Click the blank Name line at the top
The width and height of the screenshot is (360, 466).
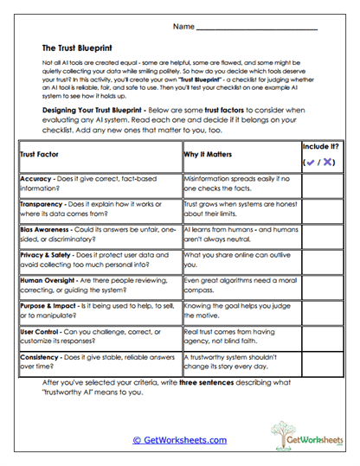tap(260, 29)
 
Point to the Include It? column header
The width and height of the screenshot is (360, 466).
tap(322, 148)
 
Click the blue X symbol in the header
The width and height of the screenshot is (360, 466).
tap(329, 162)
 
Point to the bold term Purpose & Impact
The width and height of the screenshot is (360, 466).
tap(48, 308)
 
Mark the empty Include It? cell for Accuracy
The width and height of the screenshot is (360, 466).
tap(322, 183)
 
